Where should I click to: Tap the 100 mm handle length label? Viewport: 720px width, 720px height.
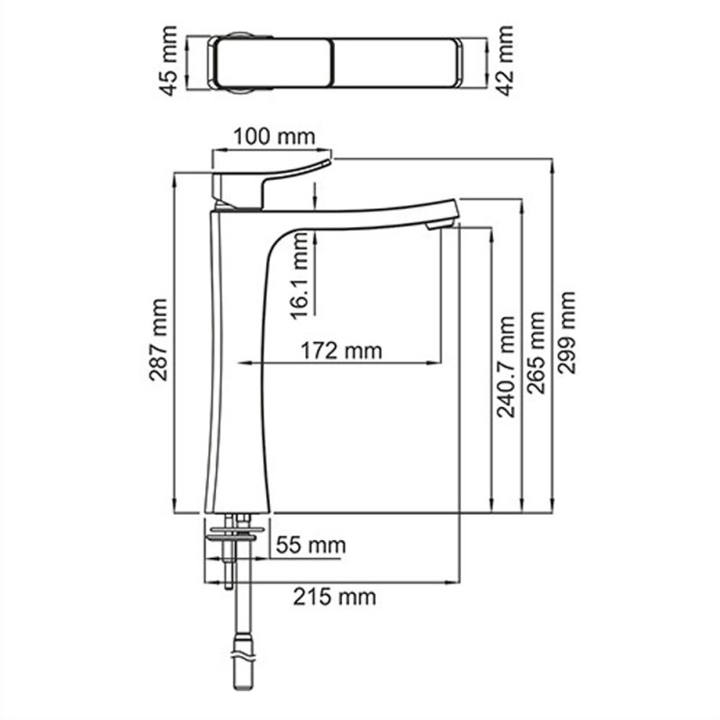(x=274, y=138)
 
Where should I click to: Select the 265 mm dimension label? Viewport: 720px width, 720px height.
(x=535, y=352)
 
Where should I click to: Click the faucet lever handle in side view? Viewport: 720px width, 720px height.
(x=270, y=180)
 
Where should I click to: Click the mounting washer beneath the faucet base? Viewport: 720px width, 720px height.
(x=236, y=533)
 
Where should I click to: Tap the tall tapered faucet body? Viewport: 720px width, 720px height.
(x=238, y=378)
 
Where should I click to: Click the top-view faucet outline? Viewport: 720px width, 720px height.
(x=337, y=63)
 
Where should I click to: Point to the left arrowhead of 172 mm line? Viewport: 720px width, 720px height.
(x=242, y=364)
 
